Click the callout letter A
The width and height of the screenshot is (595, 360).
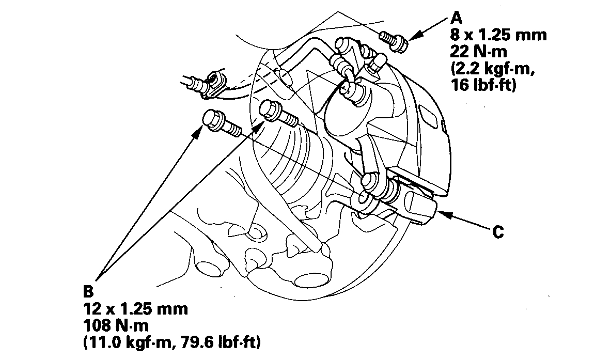456,19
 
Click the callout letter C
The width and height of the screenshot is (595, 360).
497,232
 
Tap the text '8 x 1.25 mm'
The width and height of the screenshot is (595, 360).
498,36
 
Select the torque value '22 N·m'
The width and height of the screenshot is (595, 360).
479,52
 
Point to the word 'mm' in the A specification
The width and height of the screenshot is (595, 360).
533,36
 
